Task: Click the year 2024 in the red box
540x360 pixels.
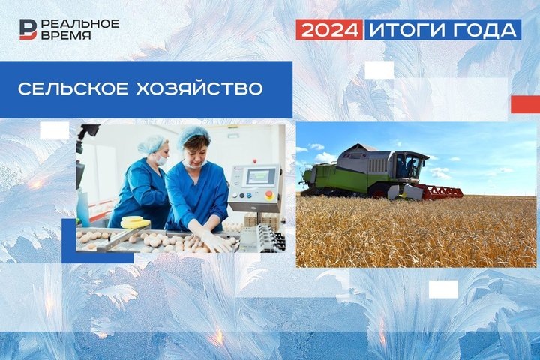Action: click(329, 29)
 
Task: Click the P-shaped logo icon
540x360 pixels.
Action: click(28, 28)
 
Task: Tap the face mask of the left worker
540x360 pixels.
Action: click(160, 159)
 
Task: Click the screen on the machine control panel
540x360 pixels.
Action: click(262, 177)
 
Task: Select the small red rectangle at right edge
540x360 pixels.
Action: click(525, 104)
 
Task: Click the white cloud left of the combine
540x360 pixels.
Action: click(324, 157)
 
